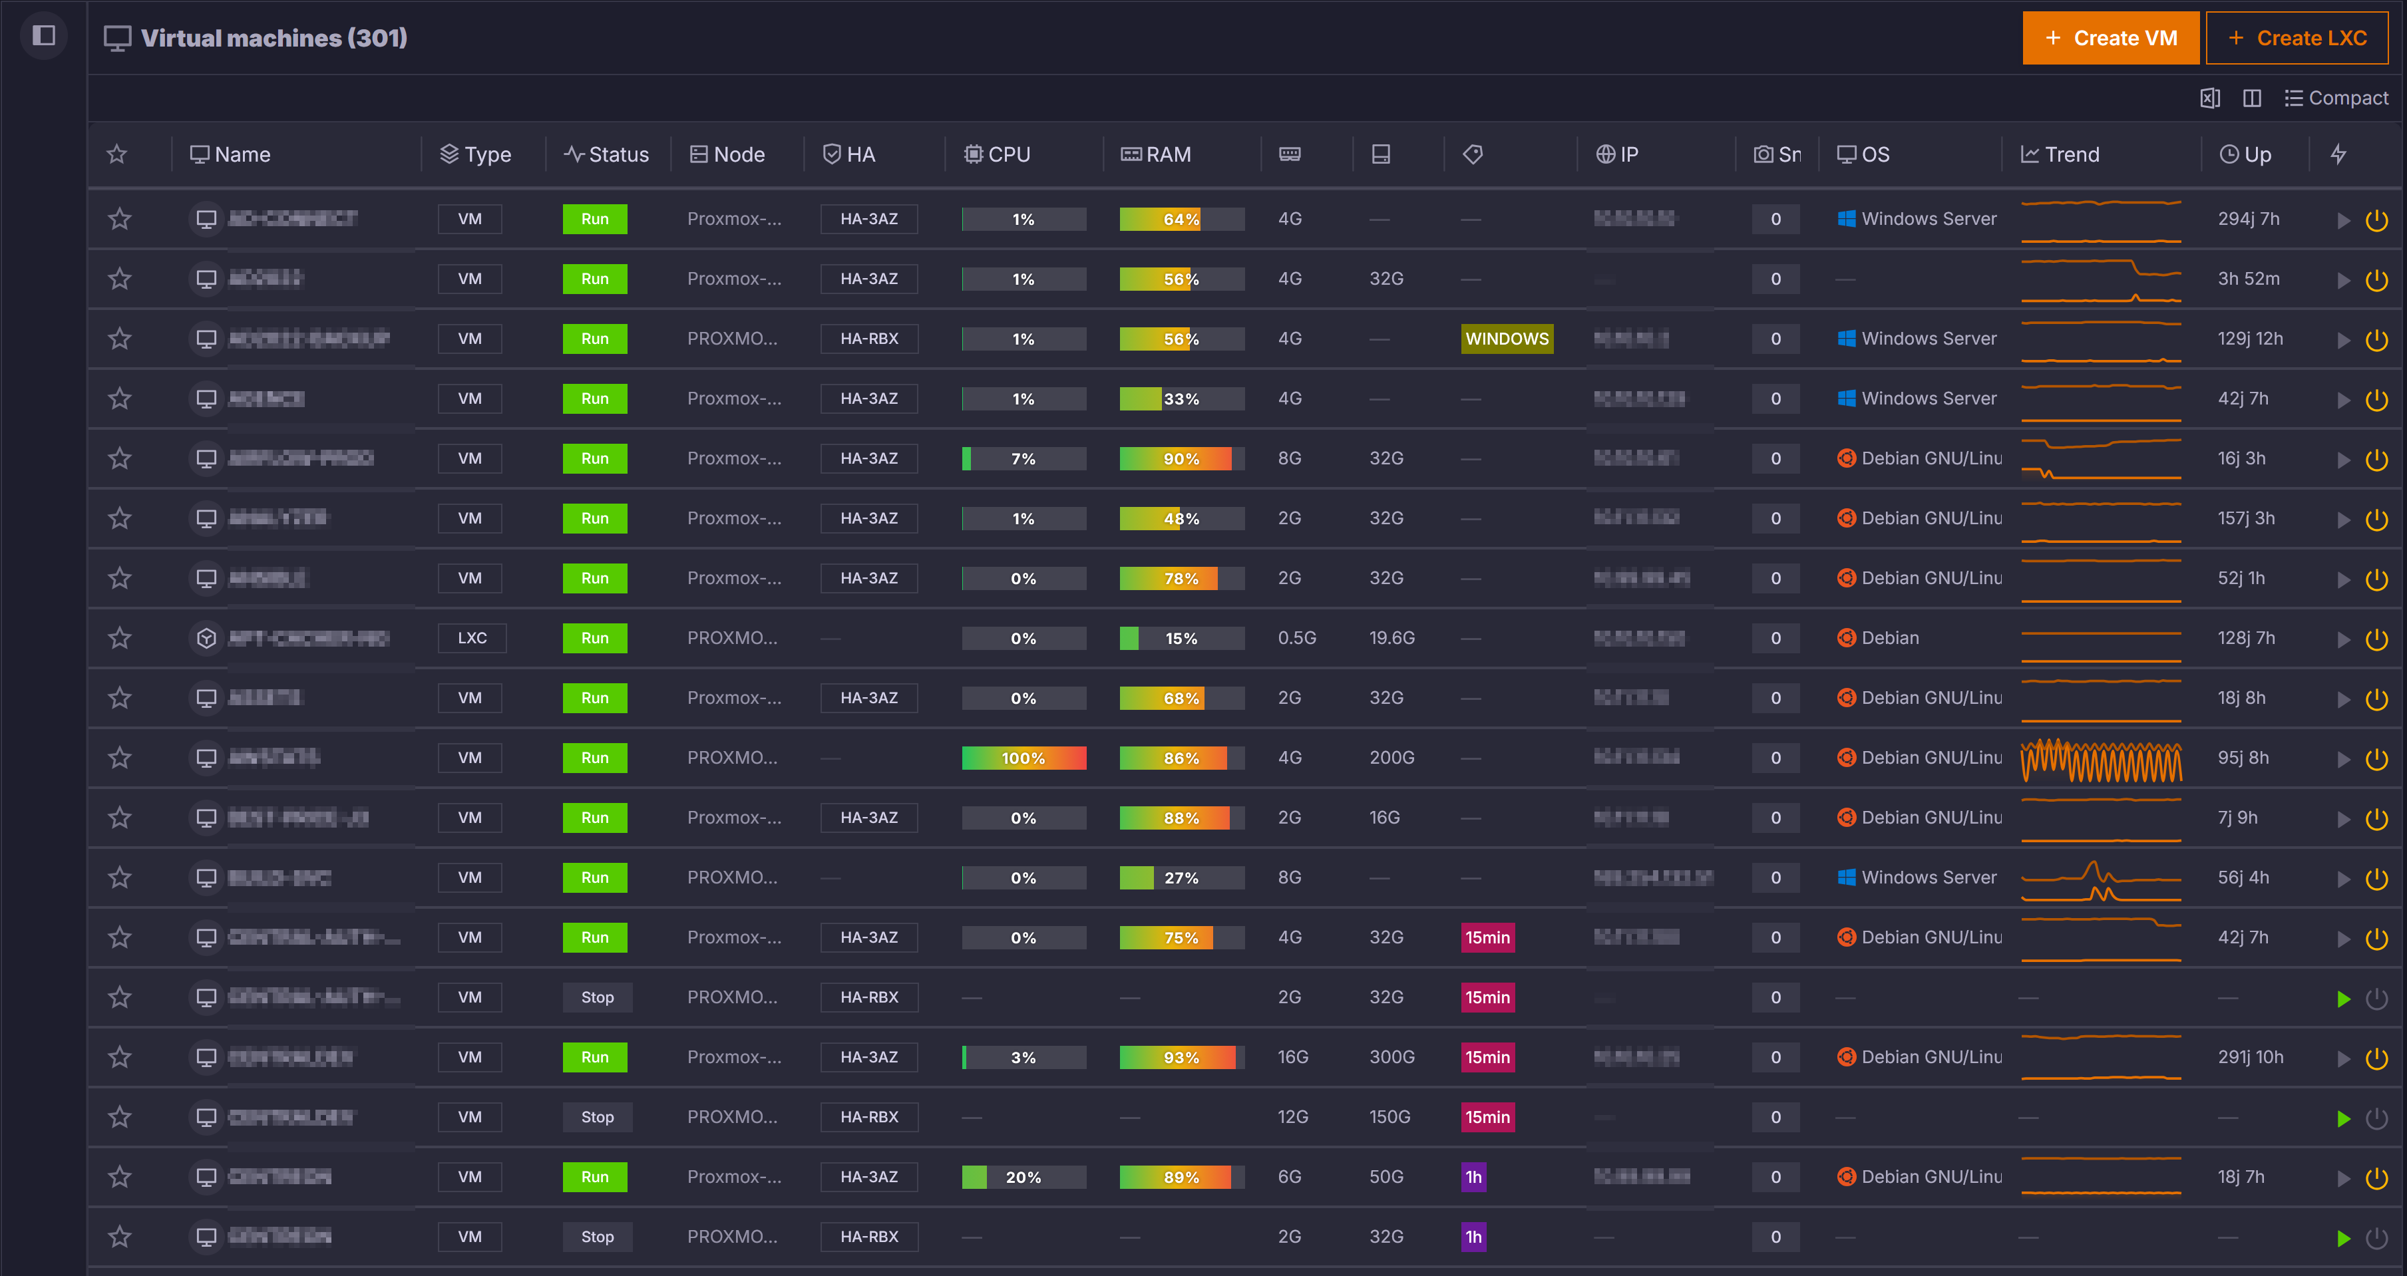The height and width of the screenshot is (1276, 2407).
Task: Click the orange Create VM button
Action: click(2110, 39)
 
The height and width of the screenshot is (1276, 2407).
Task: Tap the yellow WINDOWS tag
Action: click(1506, 339)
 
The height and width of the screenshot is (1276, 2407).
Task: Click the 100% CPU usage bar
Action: click(1023, 758)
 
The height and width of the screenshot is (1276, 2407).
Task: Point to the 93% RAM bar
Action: click(1181, 1057)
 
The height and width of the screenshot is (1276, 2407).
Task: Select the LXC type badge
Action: click(472, 638)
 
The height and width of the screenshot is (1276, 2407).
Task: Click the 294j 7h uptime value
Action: click(2248, 220)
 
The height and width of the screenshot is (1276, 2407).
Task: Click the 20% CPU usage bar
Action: click(1023, 1177)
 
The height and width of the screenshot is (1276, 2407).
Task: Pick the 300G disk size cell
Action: click(1391, 1057)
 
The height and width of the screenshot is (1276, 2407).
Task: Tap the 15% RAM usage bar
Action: click(1181, 638)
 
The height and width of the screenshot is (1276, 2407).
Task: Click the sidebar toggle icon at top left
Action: click(44, 37)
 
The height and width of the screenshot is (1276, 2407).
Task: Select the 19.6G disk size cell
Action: click(1391, 638)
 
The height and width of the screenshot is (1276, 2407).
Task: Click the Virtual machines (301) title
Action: click(273, 39)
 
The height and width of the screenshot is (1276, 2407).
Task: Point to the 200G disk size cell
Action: click(1391, 758)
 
